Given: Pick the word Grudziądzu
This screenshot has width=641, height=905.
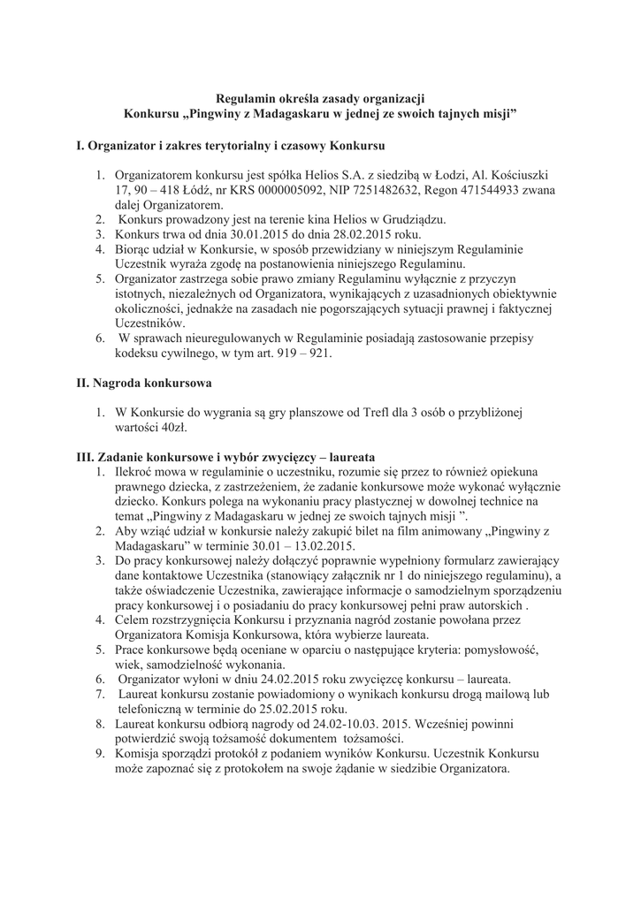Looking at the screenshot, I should pyautogui.click(x=415, y=219).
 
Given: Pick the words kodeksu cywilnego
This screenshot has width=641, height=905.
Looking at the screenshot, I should pyautogui.click(x=168, y=354).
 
